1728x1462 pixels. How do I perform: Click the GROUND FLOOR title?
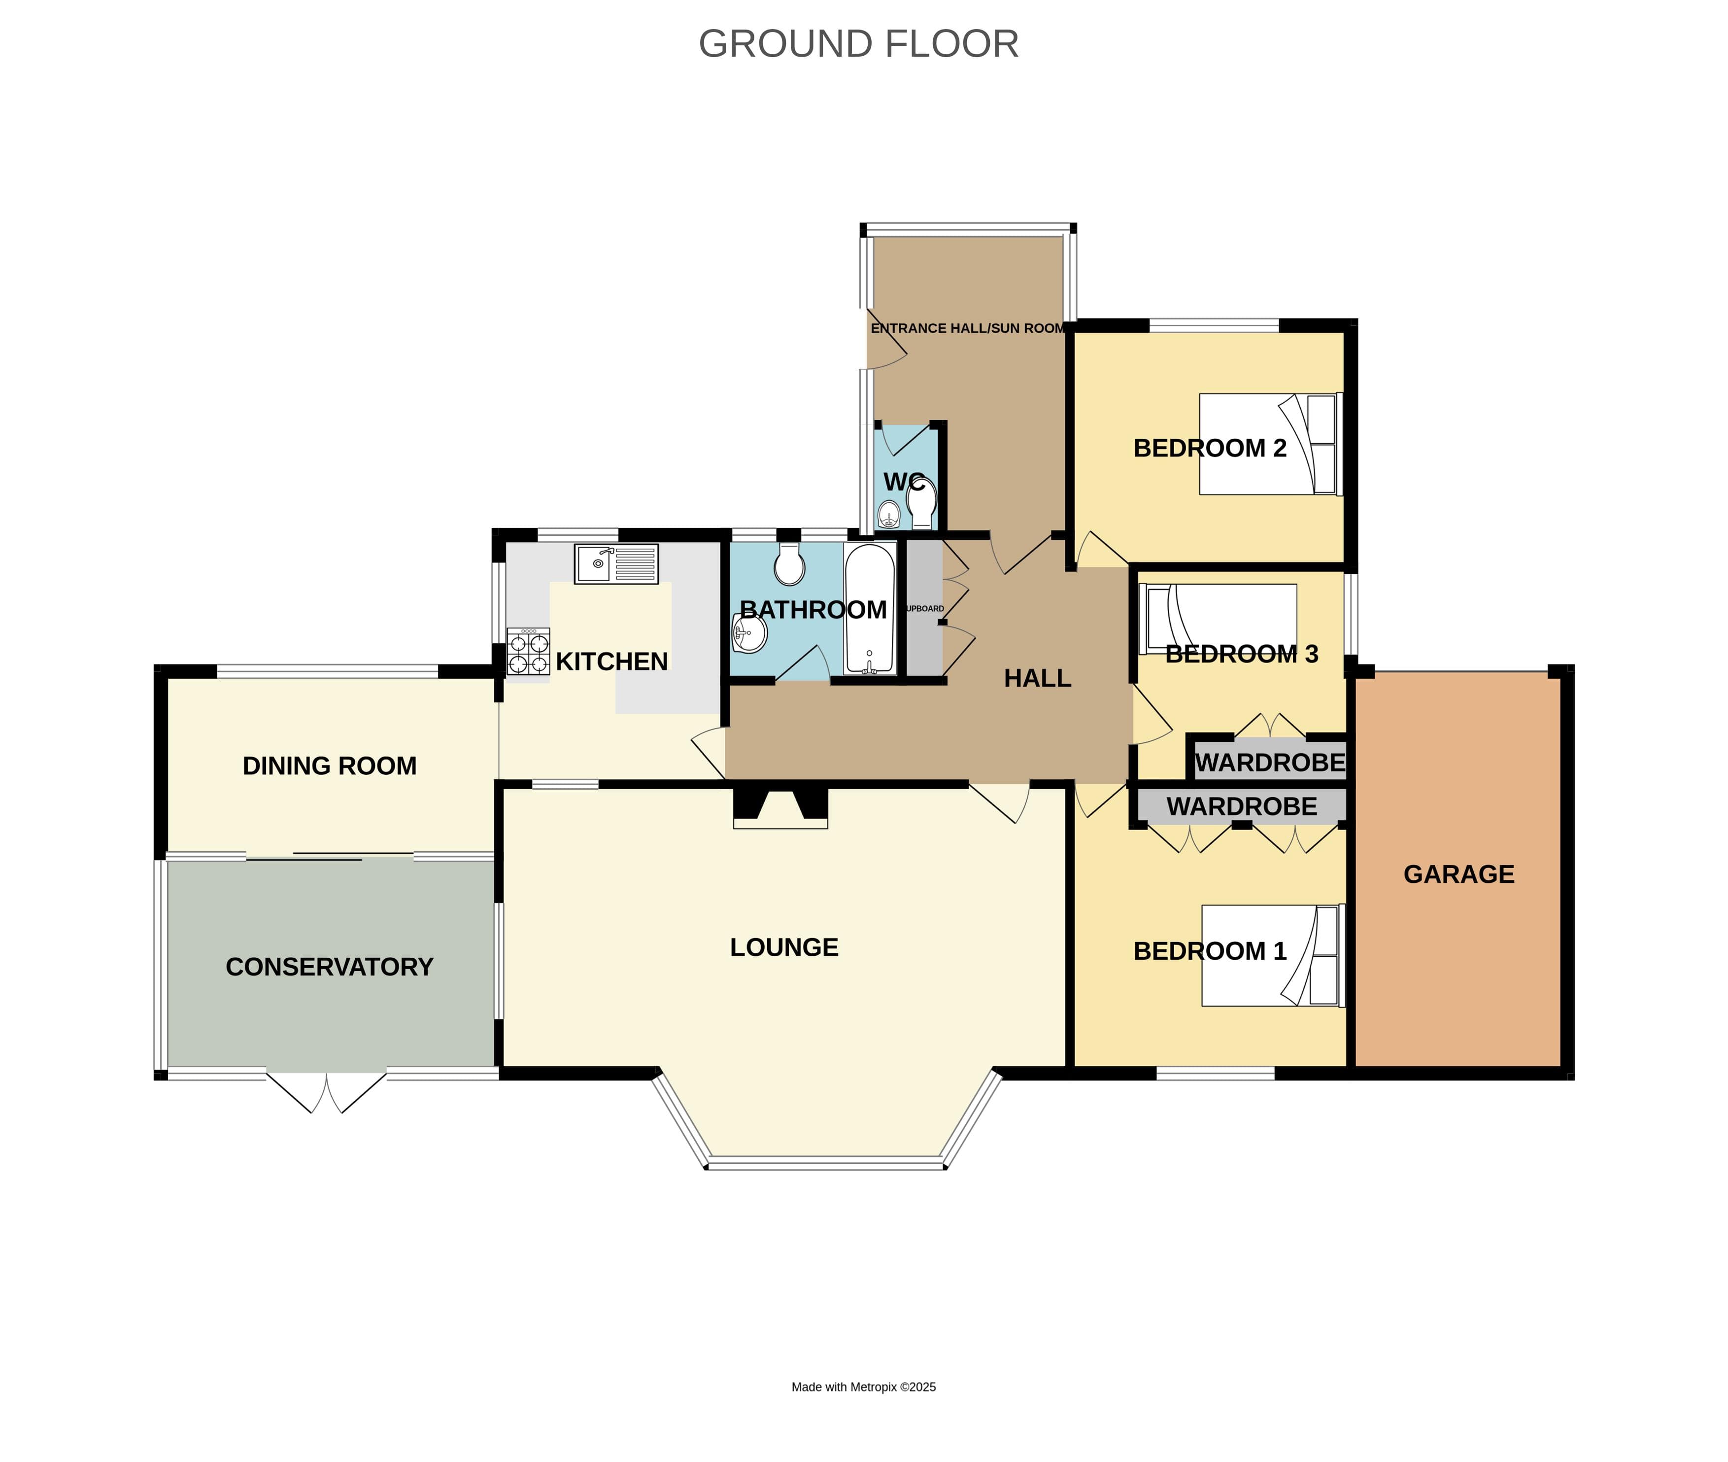click(x=858, y=44)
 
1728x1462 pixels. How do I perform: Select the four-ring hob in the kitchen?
click(x=529, y=652)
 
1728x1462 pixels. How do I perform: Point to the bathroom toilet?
click(x=789, y=566)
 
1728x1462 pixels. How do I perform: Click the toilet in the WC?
click(x=921, y=501)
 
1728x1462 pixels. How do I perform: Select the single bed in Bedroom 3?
click(x=1218, y=618)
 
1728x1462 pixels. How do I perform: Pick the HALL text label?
click(x=1037, y=679)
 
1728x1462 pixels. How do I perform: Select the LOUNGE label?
click(x=783, y=947)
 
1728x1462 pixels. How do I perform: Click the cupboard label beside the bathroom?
click(x=924, y=608)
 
